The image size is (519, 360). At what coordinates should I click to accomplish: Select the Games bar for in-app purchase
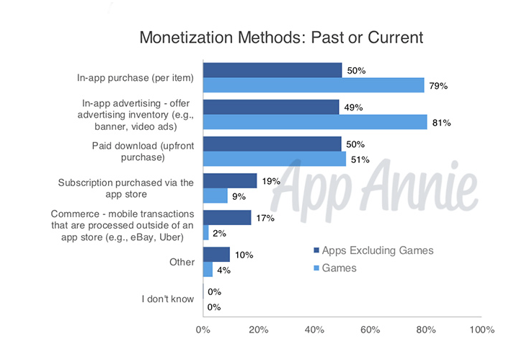[x=314, y=86]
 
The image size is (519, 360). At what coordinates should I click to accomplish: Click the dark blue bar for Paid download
[x=272, y=144]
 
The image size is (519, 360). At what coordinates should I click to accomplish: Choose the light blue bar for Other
[x=208, y=270]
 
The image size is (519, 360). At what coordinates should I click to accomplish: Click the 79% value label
[x=438, y=86]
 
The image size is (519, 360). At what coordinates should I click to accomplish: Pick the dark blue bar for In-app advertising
[x=271, y=107]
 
